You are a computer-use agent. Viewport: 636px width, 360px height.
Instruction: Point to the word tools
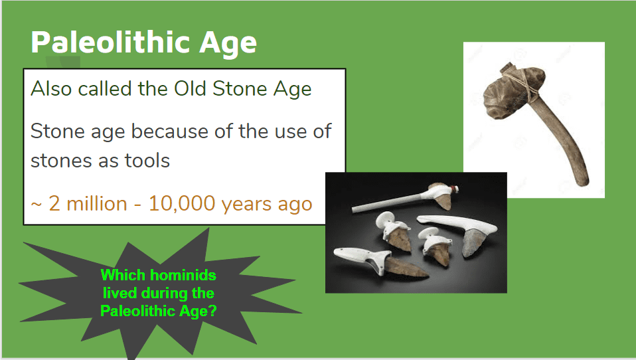147,160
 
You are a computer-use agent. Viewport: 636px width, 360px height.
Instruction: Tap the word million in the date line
96,203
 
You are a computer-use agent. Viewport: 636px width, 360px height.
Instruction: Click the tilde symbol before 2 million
37,204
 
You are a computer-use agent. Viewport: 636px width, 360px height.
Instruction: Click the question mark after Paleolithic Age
212,311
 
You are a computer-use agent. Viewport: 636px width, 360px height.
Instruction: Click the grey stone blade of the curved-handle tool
472,243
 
